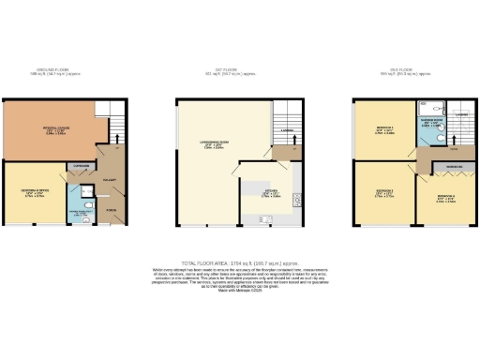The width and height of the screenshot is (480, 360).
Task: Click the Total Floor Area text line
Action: (240, 263)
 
